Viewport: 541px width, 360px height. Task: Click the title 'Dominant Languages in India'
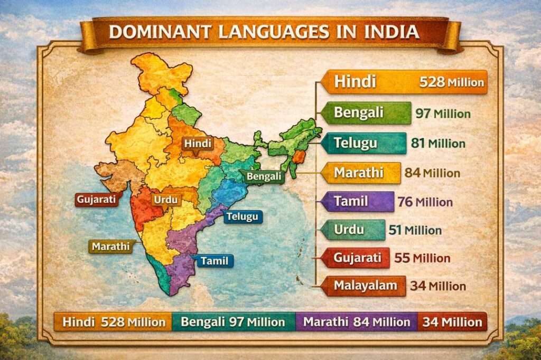coord(264,31)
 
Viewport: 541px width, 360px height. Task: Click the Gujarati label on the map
coord(96,200)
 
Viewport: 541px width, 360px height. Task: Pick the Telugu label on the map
coord(242,216)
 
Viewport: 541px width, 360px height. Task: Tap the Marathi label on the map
coord(110,247)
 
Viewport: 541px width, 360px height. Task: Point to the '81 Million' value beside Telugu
coord(438,143)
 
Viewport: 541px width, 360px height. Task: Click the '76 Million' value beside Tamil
coord(426,202)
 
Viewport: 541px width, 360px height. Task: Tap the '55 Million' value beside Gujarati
coord(422,258)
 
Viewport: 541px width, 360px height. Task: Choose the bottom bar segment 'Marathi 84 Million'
coord(357,321)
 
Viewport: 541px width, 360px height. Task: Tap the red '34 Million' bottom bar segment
coord(452,321)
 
